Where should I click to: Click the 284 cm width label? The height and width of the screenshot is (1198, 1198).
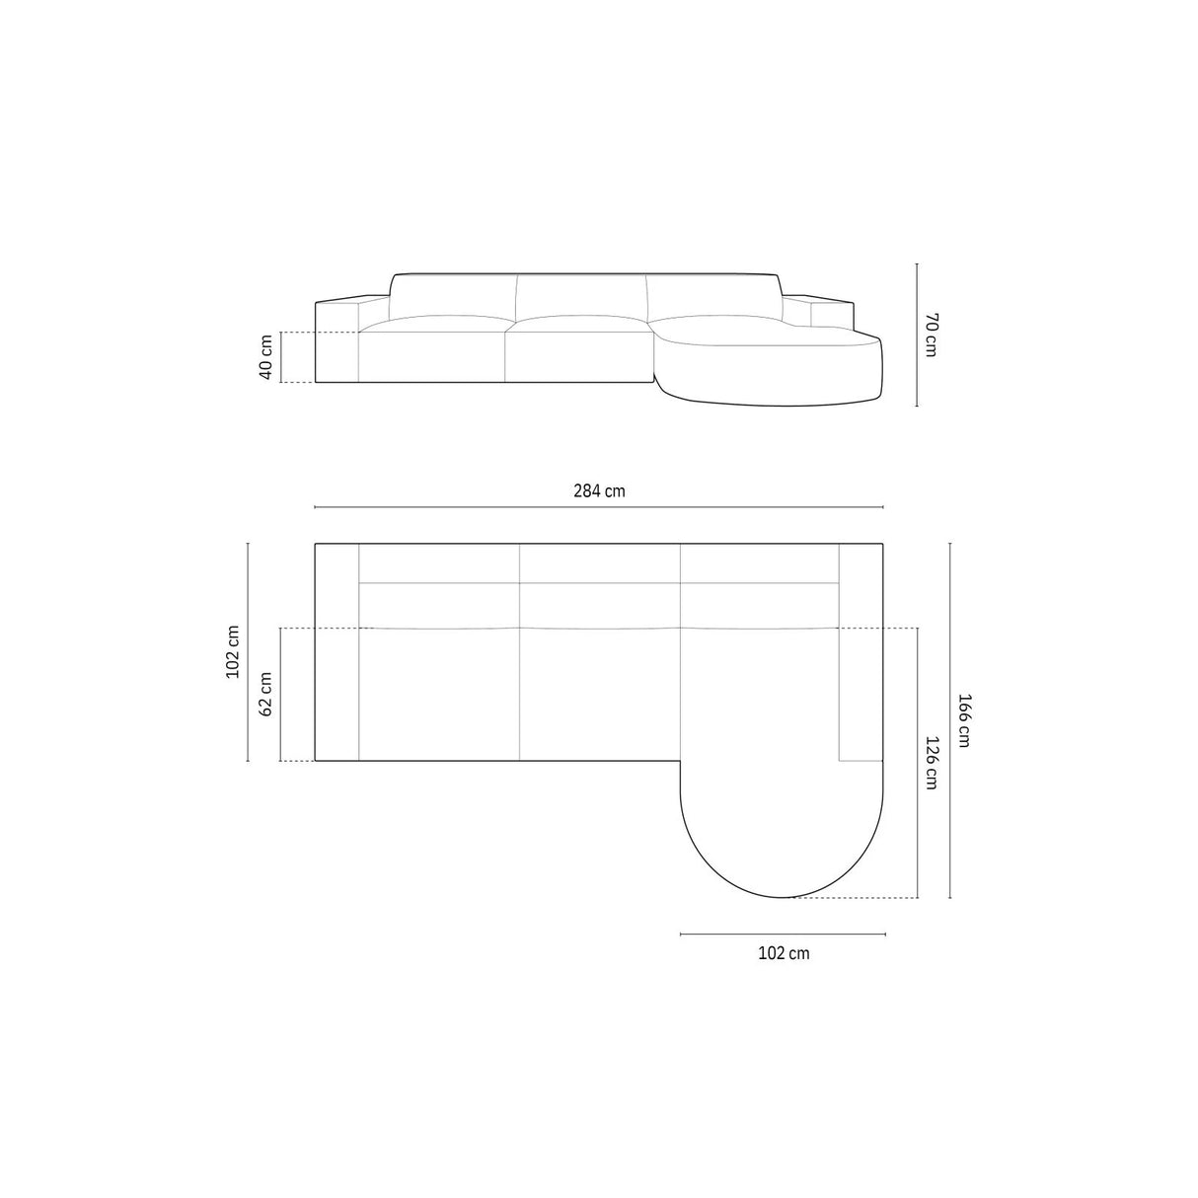point(599,490)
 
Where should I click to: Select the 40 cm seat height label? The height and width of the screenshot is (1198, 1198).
point(264,357)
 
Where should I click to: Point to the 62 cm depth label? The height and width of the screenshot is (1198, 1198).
point(264,695)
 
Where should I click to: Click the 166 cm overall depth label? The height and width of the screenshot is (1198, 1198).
point(964,719)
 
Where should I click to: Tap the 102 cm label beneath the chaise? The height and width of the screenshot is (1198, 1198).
point(783,953)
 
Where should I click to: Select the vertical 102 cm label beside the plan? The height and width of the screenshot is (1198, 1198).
point(233,652)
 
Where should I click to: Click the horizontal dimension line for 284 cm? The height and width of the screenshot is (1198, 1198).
point(599,507)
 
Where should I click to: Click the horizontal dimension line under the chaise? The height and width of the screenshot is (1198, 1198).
point(783,934)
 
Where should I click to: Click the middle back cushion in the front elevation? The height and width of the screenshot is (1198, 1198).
point(581,296)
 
